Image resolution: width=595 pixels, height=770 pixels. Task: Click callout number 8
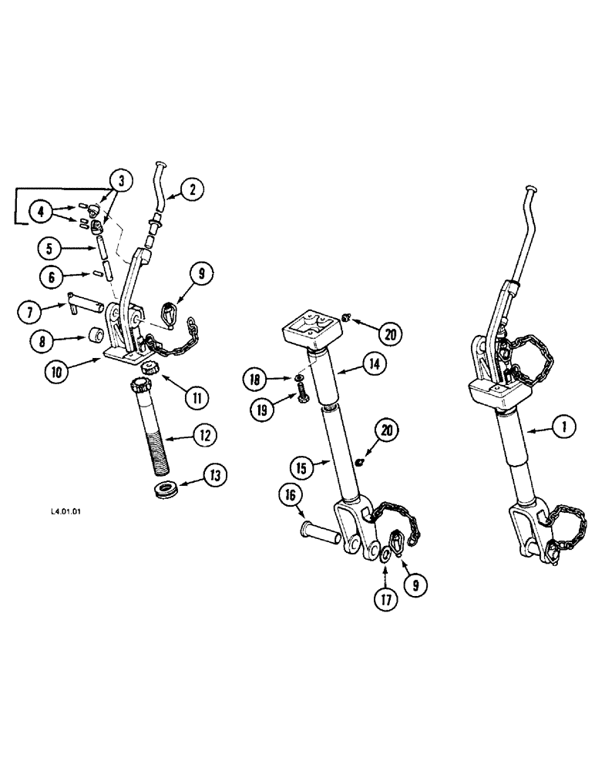pos(42,340)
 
